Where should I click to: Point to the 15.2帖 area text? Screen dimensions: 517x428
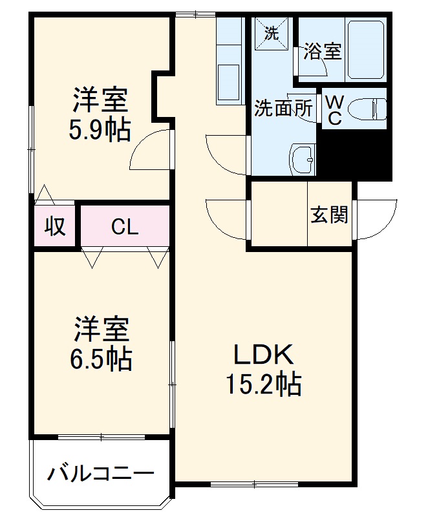tap(263, 385)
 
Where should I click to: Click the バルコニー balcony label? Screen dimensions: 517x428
tap(101, 475)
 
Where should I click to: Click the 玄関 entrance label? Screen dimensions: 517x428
tap(330, 215)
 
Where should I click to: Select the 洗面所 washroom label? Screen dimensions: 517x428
tap(283, 108)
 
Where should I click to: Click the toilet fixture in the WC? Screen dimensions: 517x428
tap(372, 108)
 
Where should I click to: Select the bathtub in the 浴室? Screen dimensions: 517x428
tap(367, 50)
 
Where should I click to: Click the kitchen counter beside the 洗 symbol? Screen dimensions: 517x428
tap(229, 61)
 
